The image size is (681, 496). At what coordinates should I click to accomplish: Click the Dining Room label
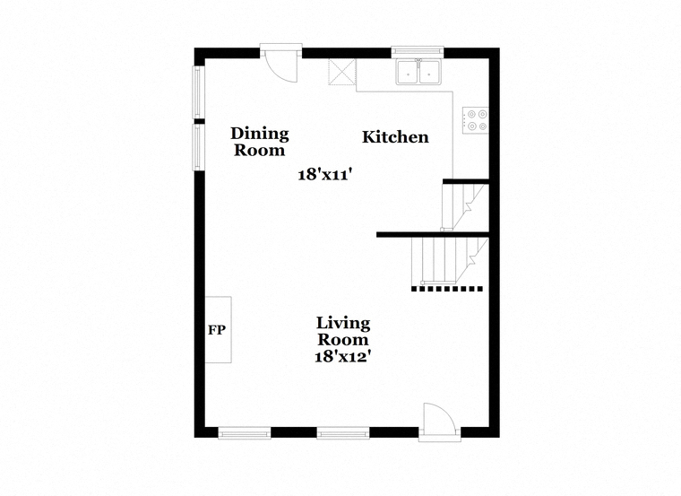point(259,142)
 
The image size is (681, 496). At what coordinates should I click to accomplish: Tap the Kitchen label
point(395,137)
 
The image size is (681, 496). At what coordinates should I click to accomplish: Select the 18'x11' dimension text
point(324,175)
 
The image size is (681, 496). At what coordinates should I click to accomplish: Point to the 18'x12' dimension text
point(343,356)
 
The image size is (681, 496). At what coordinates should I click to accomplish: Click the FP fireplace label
point(217,330)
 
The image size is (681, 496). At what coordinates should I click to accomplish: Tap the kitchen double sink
point(418,72)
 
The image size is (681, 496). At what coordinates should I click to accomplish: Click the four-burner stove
point(475,120)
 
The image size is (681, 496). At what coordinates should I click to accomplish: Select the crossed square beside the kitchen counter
point(341,72)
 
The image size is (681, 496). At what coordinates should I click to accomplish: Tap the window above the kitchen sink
point(418,52)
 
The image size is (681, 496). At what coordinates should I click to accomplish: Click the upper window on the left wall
point(198,92)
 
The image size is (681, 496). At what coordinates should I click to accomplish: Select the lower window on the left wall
point(198,147)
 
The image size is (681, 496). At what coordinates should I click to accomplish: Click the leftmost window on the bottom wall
point(245,433)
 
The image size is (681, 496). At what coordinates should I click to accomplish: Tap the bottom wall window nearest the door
point(343,433)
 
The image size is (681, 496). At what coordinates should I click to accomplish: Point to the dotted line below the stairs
point(447,288)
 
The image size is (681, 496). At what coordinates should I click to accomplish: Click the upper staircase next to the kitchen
point(464,206)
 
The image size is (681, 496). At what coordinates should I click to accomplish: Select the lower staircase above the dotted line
point(450,260)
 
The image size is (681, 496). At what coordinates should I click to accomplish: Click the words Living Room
point(343,331)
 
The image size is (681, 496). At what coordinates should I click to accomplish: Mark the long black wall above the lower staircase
point(433,235)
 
